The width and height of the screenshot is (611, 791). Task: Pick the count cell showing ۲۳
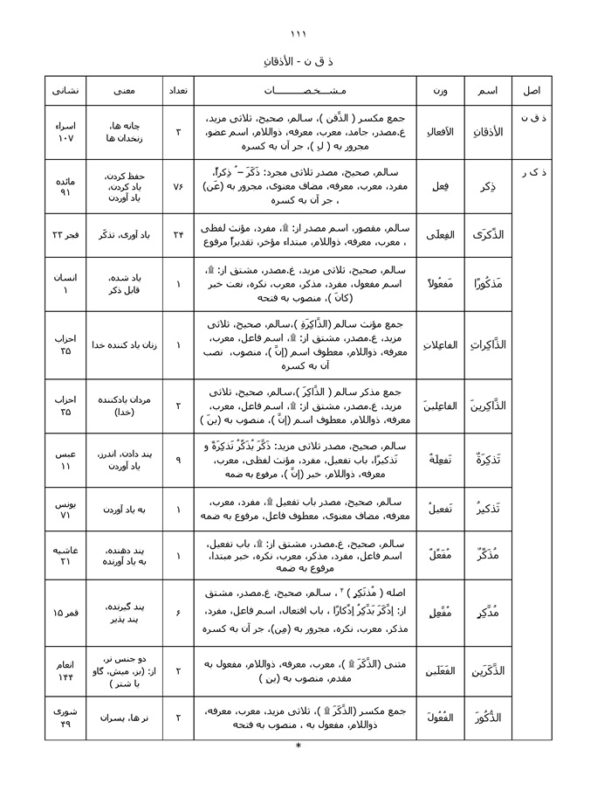[177, 234]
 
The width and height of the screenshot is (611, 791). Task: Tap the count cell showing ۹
[177, 460]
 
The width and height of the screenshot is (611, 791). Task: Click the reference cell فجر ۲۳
[65, 234]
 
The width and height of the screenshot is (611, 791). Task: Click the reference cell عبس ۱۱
[65, 460]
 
